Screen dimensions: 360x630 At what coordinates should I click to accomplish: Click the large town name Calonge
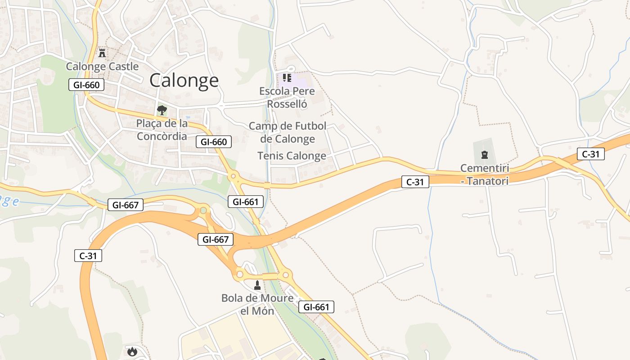click(184, 81)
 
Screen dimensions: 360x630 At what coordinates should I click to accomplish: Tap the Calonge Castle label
click(102, 67)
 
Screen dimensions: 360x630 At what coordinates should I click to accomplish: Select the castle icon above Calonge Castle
click(102, 53)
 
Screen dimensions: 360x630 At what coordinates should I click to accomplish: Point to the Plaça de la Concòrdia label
click(162, 130)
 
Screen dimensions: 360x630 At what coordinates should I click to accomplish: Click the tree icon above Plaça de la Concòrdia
click(162, 110)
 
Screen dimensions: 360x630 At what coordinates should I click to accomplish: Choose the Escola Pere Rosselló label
click(287, 98)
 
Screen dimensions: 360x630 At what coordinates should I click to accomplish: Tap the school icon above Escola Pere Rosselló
click(287, 78)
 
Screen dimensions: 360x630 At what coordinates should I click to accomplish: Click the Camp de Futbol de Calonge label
click(288, 132)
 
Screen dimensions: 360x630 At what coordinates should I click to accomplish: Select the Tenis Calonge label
click(292, 156)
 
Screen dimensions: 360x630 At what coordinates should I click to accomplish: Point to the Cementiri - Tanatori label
click(485, 175)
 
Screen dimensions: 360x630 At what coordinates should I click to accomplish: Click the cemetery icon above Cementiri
click(485, 155)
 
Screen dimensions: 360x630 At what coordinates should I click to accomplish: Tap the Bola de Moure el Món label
click(257, 304)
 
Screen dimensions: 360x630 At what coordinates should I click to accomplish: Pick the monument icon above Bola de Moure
click(257, 285)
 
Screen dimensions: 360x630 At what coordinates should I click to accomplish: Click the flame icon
click(132, 351)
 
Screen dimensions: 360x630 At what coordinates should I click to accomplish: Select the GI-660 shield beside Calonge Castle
click(86, 85)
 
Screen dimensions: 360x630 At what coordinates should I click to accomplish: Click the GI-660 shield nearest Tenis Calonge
click(214, 142)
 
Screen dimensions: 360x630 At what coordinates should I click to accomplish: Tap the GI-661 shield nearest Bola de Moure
click(316, 307)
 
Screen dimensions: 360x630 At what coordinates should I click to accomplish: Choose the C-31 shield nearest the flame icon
click(88, 256)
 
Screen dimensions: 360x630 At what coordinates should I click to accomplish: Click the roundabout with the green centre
click(204, 210)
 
